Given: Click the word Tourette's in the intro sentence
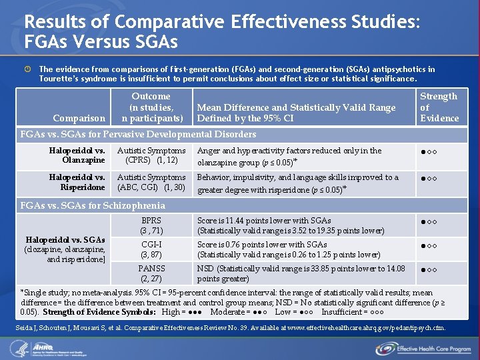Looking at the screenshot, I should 60,79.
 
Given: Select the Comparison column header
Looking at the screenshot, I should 79,118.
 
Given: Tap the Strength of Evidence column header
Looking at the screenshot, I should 439,107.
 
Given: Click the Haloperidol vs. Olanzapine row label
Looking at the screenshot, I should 77,155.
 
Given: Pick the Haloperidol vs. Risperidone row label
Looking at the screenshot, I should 77,182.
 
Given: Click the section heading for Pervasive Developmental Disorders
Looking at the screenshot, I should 138,135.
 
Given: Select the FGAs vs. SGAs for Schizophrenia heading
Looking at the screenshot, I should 93,205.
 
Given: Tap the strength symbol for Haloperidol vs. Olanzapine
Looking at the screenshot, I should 428,155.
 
